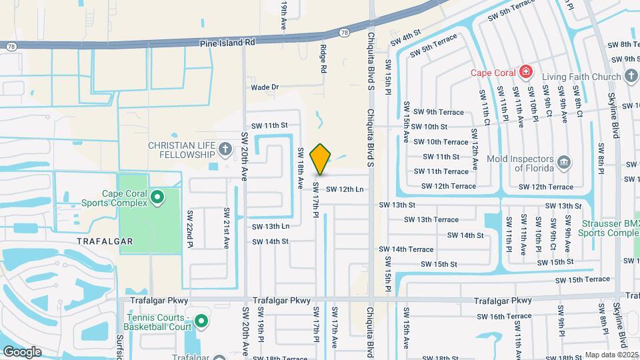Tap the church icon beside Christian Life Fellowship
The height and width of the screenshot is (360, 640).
click(225, 149)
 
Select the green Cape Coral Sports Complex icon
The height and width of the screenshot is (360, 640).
click(157, 197)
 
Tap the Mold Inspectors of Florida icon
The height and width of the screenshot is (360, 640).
click(563, 161)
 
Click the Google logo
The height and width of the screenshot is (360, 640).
click(21, 352)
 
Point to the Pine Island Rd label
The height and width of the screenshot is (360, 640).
click(227, 41)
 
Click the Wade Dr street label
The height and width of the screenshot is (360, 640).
click(265, 87)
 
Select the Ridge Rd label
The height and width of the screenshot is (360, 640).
click(323, 59)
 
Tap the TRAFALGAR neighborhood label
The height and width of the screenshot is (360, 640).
click(105, 241)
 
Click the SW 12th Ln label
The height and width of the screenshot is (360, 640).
click(345, 189)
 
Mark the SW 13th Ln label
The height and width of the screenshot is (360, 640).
click(270, 227)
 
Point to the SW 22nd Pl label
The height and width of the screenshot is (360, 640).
click(190, 229)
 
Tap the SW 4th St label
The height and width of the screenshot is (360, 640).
click(406, 37)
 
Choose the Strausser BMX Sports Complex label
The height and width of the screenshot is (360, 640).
click(608, 228)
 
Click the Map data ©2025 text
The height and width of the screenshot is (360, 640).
click(612, 355)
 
